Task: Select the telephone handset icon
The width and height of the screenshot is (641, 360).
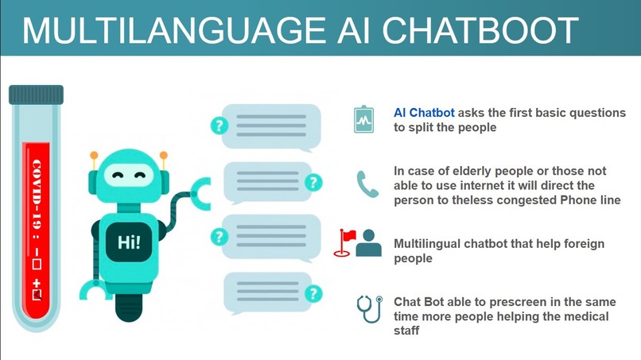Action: point(367,184)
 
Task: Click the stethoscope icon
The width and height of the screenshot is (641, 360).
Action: point(368,308)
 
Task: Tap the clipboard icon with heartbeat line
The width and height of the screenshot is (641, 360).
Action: point(364,120)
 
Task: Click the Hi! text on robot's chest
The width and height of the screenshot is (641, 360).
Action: point(128,243)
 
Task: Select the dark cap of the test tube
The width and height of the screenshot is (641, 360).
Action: point(36,95)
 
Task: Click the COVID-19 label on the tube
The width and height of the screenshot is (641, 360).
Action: point(36,194)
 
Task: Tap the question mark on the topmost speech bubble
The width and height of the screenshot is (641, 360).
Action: point(219,126)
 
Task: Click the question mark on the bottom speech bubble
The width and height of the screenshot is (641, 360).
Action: point(314,294)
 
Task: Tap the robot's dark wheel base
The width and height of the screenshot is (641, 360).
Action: point(129,306)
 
